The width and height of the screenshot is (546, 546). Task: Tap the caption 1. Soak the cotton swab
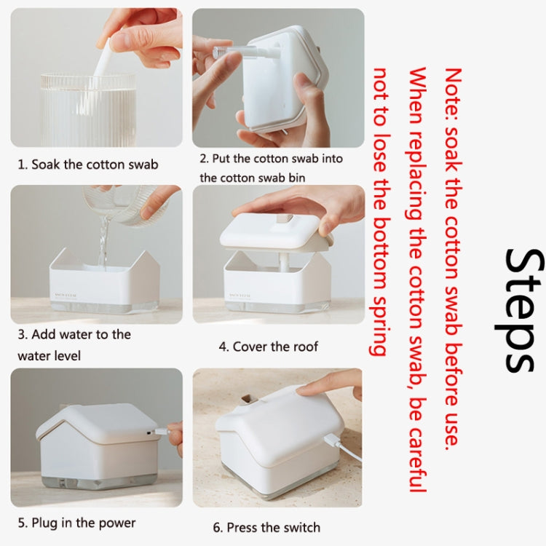(x=88, y=164)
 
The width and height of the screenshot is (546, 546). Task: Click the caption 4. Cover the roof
(x=269, y=347)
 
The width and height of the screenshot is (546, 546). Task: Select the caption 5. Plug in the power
(x=76, y=523)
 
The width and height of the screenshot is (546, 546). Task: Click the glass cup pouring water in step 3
(x=124, y=200)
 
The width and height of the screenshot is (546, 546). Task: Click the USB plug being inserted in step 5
(x=170, y=430)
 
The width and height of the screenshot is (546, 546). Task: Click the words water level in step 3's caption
(x=50, y=356)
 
